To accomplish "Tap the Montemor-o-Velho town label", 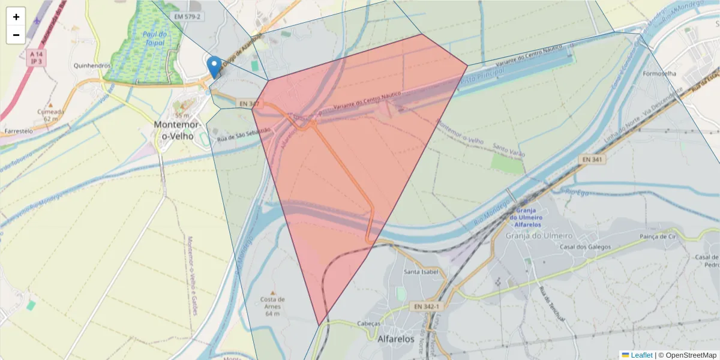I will [x=176, y=130].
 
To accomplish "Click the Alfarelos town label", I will [x=396, y=339].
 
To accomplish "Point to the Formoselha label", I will [x=659, y=74].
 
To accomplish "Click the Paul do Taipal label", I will [x=155, y=39].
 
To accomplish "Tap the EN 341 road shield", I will [x=593, y=159].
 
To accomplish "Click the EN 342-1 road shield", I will [x=427, y=307].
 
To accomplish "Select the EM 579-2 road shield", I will [x=187, y=16].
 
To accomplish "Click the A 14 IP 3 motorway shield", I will [x=37, y=58].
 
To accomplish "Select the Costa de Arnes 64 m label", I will [x=273, y=306].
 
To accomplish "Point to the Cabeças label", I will [x=368, y=323].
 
